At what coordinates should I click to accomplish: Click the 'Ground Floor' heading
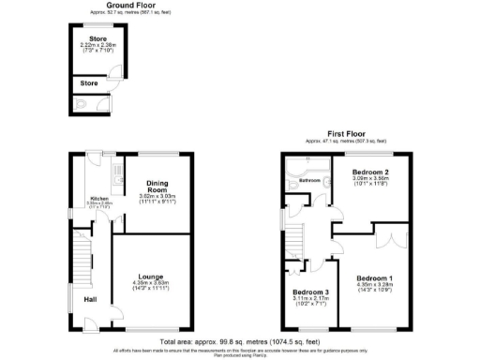click(105, 5)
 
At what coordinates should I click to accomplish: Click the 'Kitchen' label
click(98, 198)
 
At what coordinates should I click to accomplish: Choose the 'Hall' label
click(90, 299)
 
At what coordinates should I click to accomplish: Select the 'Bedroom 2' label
click(370, 173)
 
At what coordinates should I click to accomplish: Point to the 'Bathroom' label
click(310, 180)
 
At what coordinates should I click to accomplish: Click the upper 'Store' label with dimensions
click(98, 38)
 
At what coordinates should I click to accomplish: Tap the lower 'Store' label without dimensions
click(89, 82)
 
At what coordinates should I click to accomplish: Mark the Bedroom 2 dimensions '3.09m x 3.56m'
click(370, 181)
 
